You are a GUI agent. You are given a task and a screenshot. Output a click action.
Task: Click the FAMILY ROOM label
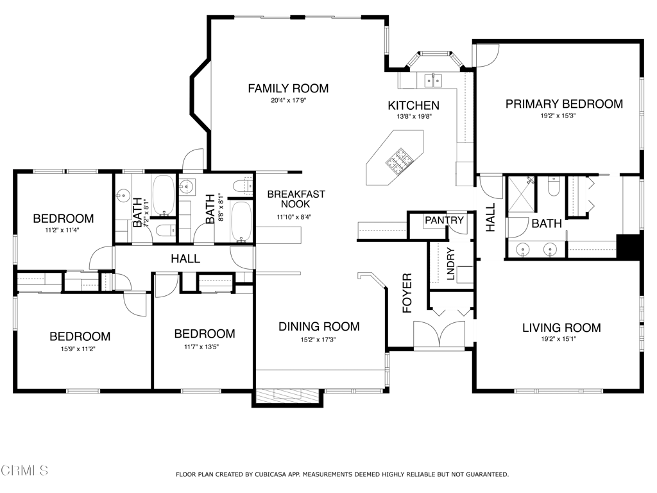[288, 89]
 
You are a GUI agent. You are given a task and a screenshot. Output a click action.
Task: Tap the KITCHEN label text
[414, 105]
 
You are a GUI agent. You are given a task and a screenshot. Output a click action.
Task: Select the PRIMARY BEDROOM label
[564, 104]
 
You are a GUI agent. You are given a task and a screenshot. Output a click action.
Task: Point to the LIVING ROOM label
[561, 327]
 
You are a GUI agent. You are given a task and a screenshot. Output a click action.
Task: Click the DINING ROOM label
[320, 326]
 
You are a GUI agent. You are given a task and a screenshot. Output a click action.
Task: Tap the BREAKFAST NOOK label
[296, 199]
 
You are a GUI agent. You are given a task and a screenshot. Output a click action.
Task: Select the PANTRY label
[444, 220]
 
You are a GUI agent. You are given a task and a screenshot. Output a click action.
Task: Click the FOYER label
[407, 293]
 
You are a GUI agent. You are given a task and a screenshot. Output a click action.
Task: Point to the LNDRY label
[450, 264]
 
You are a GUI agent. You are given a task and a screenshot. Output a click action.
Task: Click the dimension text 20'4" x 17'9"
[288, 100]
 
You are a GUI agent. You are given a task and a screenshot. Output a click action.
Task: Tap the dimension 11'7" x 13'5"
[201, 347]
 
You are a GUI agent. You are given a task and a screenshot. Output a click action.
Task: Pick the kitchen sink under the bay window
[433, 80]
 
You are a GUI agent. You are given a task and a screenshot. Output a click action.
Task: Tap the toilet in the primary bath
[554, 186]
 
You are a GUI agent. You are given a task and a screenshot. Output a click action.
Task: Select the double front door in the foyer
[439, 334]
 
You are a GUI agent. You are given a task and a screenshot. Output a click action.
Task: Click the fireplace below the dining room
[287, 397]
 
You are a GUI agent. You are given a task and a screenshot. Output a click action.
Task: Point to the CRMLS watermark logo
[24, 471]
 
